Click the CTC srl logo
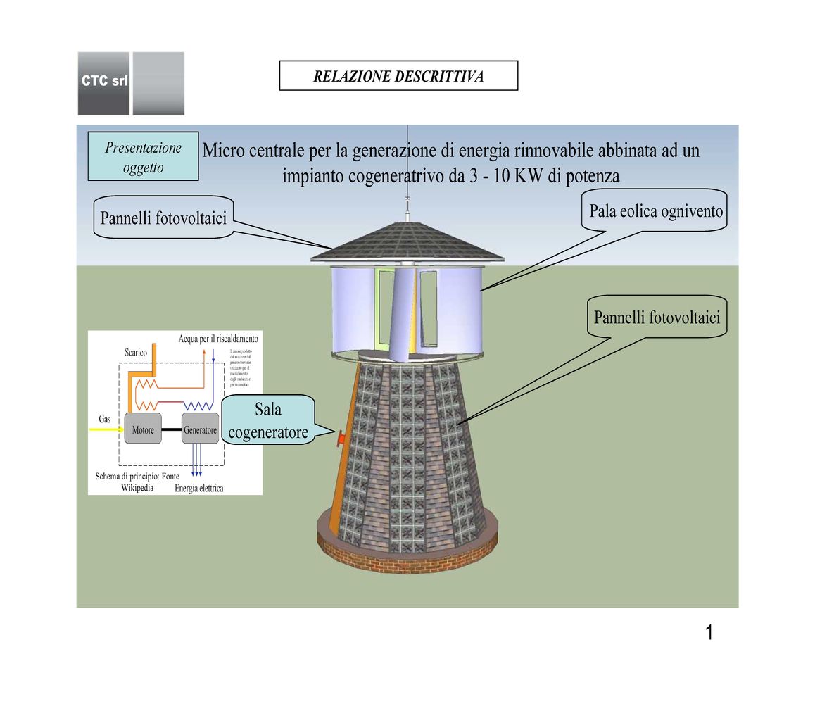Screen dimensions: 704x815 coord(104,82)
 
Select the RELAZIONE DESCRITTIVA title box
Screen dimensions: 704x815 coord(398,76)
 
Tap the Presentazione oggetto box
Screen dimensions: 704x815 coord(143,158)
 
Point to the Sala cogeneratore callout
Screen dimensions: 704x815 coord(268,420)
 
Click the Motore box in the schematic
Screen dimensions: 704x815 coord(143,429)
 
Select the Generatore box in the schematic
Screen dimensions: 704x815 coord(200,429)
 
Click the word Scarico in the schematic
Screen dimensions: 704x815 coord(136,352)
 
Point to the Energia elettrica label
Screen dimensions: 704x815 coord(199,488)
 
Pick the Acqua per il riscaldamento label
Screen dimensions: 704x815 coord(218,339)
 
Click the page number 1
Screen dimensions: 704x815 coord(709,633)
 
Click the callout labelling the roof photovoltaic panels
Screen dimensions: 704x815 coord(163,218)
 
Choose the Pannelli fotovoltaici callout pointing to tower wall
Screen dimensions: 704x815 coord(657,318)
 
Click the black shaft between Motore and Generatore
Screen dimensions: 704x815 coord(171,429)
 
